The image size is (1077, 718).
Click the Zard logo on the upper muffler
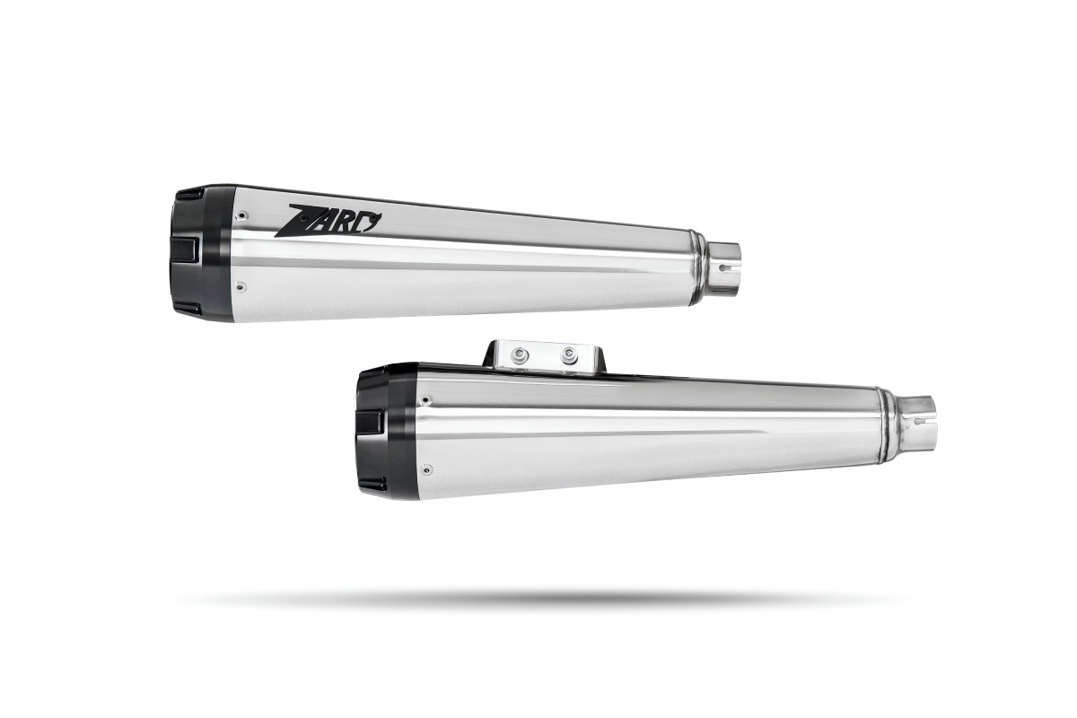pos(328,221)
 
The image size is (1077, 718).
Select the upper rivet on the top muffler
pos(243,215)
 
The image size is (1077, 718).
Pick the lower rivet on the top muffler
pos(241,287)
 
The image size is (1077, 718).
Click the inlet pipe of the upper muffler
pos(722,270)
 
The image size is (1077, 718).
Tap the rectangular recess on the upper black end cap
pos(185,250)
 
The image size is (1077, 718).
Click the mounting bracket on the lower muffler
pos(544,356)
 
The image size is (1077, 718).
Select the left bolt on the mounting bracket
pos(520,355)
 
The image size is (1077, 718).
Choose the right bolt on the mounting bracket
pos(568,356)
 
